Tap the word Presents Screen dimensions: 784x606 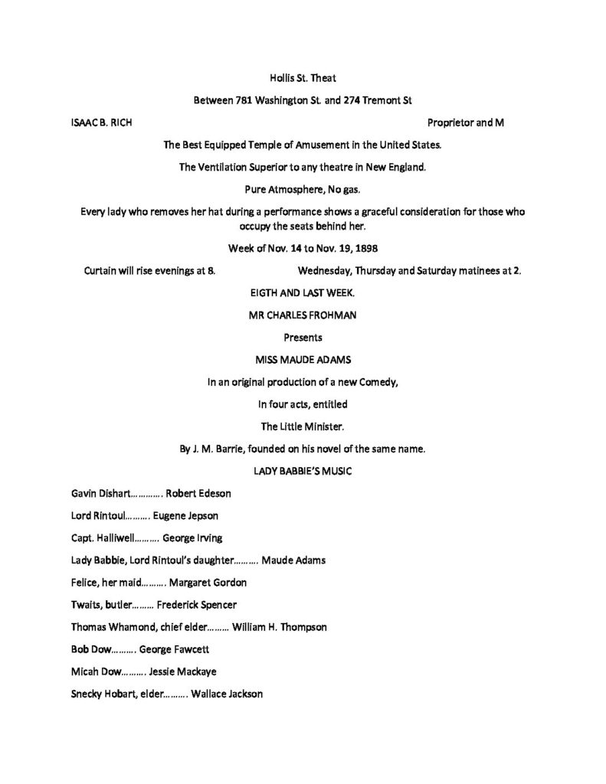303,338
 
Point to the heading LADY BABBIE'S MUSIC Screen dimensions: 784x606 303,471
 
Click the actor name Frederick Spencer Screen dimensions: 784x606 197,605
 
